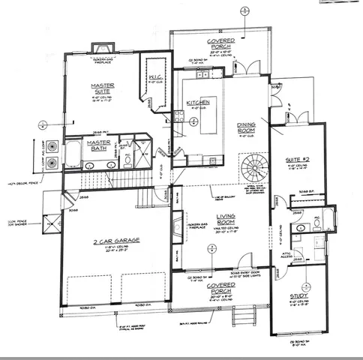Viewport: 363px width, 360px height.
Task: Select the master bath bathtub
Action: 73,155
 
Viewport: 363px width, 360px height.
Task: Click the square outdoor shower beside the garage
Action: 49,223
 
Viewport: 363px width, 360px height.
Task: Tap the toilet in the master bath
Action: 127,159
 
